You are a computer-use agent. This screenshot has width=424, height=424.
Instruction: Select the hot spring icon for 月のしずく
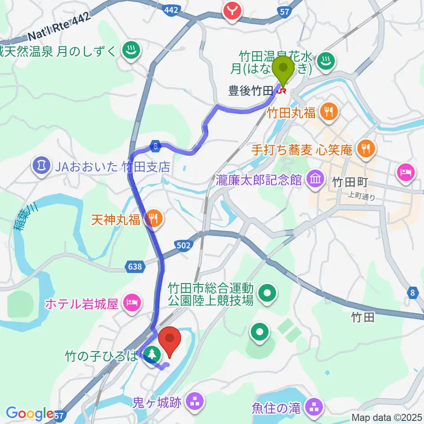tap(131, 51)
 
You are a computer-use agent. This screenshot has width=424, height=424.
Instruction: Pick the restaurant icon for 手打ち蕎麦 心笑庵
tap(366, 149)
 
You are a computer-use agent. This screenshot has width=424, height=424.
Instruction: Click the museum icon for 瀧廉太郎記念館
tap(316, 179)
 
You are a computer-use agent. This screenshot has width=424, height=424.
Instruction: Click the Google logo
tap(30, 413)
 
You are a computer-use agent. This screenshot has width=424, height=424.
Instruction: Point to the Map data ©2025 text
tap(387, 417)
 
